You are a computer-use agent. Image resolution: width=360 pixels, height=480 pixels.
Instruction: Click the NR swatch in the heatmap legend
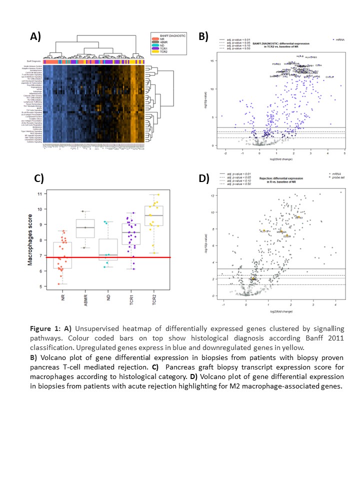coord(154,39)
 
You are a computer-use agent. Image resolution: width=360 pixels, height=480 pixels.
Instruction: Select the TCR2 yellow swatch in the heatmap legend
coord(154,51)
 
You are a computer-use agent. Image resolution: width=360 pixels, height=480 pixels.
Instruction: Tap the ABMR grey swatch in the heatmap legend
coord(154,42)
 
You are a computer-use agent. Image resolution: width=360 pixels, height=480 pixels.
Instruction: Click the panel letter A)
coord(35,36)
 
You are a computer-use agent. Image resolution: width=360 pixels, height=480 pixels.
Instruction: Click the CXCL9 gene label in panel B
coord(329,77)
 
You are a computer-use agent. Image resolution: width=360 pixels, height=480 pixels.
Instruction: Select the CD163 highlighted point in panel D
coord(297,217)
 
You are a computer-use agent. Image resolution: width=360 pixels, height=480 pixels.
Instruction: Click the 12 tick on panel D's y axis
coord(213,195)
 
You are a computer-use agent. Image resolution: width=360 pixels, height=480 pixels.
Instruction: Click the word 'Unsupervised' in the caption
coord(98,329)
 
